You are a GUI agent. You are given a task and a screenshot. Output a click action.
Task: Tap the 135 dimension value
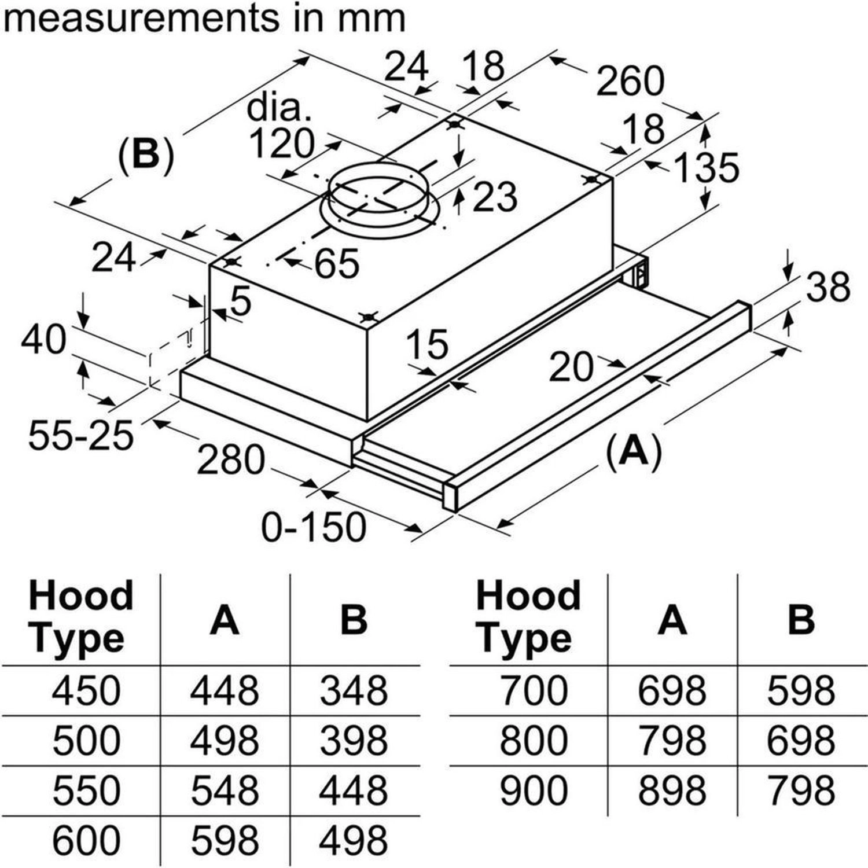[707, 168]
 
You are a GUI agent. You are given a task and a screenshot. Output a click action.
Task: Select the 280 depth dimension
[230, 461]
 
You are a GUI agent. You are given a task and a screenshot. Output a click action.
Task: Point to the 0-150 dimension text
[314, 527]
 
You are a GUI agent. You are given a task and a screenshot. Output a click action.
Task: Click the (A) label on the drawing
[634, 450]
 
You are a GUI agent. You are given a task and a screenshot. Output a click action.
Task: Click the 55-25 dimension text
[80, 435]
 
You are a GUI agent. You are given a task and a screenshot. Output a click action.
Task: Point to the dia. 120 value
[282, 143]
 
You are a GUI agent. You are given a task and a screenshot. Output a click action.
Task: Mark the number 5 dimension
[241, 301]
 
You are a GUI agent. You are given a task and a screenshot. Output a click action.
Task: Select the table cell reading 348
[354, 690]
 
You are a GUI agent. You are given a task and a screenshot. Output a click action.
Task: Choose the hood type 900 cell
[533, 790]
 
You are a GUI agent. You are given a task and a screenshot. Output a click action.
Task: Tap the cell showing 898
[671, 790]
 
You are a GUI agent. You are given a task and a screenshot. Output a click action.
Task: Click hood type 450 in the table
[86, 690]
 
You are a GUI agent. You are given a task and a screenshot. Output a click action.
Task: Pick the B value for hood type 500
[354, 740]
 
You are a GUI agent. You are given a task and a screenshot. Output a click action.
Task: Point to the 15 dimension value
[427, 344]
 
